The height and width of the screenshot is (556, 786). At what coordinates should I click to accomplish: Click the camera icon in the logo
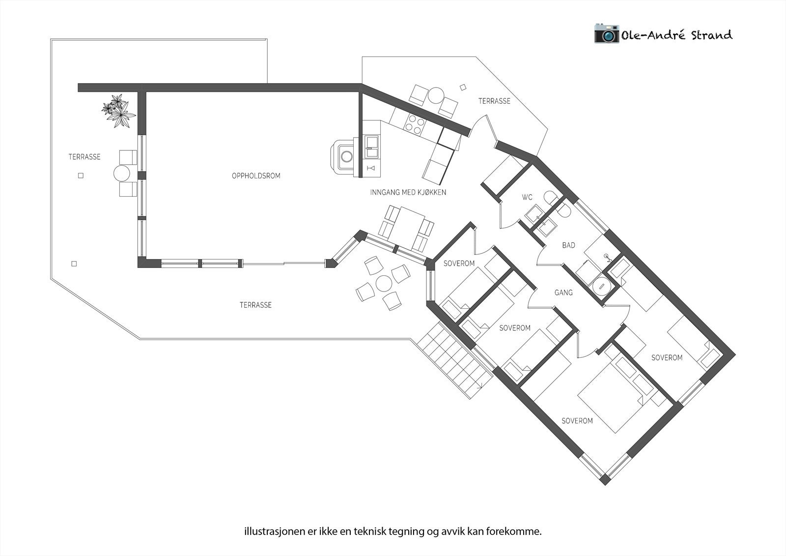(607, 33)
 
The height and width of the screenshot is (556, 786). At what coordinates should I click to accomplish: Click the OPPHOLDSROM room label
(256, 176)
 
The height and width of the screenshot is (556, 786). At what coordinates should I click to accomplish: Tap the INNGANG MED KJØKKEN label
(408, 193)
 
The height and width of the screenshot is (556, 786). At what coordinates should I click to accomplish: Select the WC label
(527, 198)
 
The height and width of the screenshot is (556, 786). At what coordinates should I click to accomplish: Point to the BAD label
(568, 245)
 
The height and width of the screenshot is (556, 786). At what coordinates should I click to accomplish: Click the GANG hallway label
(563, 293)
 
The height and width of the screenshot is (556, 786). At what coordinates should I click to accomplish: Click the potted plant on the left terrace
(117, 111)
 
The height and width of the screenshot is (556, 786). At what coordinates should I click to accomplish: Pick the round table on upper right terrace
(435, 95)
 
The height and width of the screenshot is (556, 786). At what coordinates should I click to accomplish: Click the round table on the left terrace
(121, 174)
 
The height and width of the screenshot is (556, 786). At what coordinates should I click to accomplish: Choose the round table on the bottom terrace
(384, 283)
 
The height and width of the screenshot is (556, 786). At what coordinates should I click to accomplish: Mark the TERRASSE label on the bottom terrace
(255, 305)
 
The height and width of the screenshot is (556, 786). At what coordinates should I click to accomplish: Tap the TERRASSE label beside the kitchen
(494, 101)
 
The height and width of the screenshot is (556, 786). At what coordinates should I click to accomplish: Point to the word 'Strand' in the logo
(711, 35)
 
